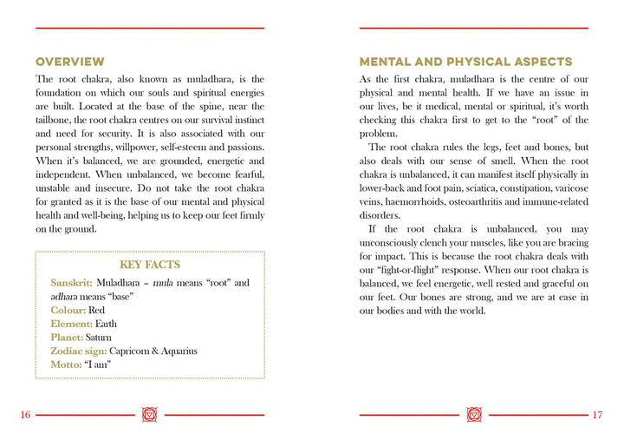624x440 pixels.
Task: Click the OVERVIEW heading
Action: click(69, 62)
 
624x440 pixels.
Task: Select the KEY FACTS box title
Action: click(150, 265)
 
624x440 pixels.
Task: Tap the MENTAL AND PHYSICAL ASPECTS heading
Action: click(465, 62)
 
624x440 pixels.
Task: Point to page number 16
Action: click(25, 415)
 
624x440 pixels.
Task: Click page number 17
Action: click(597, 415)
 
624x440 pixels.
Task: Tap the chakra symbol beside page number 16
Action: click(150, 415)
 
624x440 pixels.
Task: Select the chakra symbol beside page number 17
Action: click(473, 415)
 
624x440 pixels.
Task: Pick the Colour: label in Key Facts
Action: click(68, 310)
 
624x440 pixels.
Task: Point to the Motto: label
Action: click(66, 364)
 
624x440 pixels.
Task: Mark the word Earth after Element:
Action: click(118, 324)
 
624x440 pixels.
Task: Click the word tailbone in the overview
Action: click(54, 120)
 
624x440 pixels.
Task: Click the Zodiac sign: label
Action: click(79, 351)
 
